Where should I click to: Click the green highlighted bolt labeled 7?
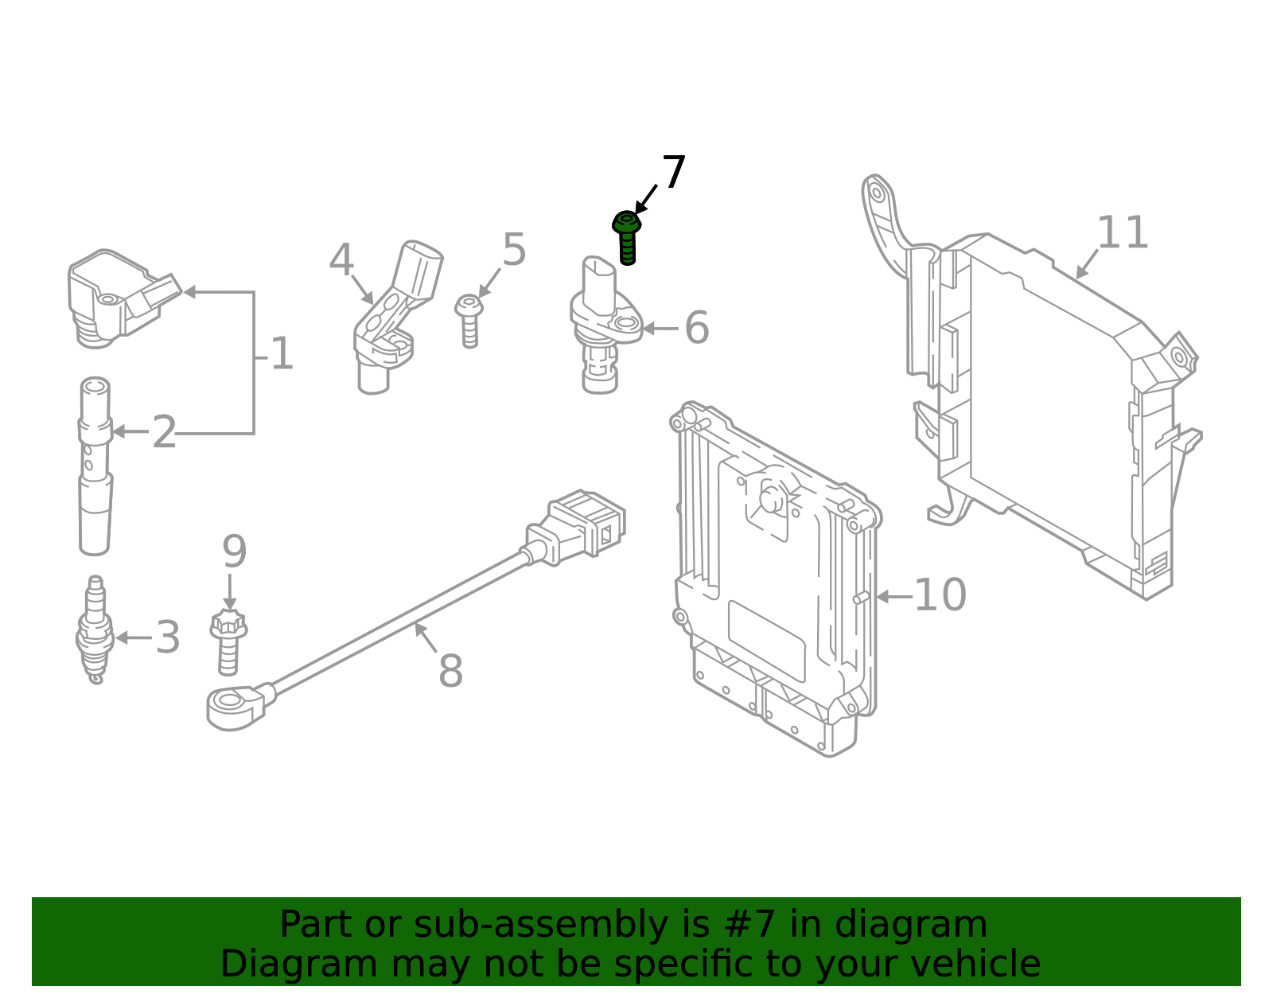(x=627, y=236)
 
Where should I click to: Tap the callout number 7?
(x=674, y=173)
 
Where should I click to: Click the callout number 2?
(x=164, y=433)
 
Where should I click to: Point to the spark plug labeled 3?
(x=95, y=630)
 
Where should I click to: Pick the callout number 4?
(x=341, y=261)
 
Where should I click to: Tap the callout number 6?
(x=697, y=328)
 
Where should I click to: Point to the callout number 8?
(x=450, y=671)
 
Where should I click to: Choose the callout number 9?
(x=234, y=552)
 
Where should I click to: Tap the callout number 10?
(x=940, y=595)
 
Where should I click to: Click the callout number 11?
(x=1123, y=233)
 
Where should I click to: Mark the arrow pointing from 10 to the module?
(x=893, y=596)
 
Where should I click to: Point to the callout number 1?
(x=282, y=354)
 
